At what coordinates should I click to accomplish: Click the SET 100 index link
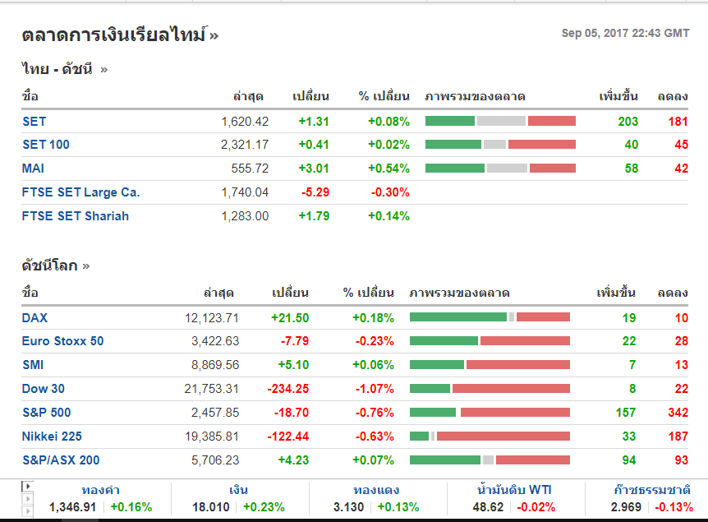click(46, 145)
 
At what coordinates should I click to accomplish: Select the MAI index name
click(34, 169)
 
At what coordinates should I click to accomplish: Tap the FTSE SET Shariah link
click(76, 216)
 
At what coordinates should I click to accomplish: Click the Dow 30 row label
click(44, 389)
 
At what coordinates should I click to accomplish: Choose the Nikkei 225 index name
click(52, 437)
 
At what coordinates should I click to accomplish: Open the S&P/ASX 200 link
click(61, 460)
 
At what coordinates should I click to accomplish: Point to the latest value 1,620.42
click(245, 122)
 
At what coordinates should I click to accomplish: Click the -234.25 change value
click(287, 389)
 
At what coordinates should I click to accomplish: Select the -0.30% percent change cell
click(389, 192)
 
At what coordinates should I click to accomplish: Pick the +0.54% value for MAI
click(388, 169)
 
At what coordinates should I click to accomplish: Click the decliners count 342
click(677, 413)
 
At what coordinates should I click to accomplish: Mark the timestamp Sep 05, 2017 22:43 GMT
click(625, 34)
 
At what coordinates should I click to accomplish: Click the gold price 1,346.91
click(73, 507)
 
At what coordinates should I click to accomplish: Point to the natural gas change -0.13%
click(674, 507)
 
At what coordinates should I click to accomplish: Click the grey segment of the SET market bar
click(501, 121)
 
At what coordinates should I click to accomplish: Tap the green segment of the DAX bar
click(457, 317)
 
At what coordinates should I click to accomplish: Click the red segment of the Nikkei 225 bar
click(503, 437)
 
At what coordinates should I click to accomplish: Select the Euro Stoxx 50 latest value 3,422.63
click(215, 341)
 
